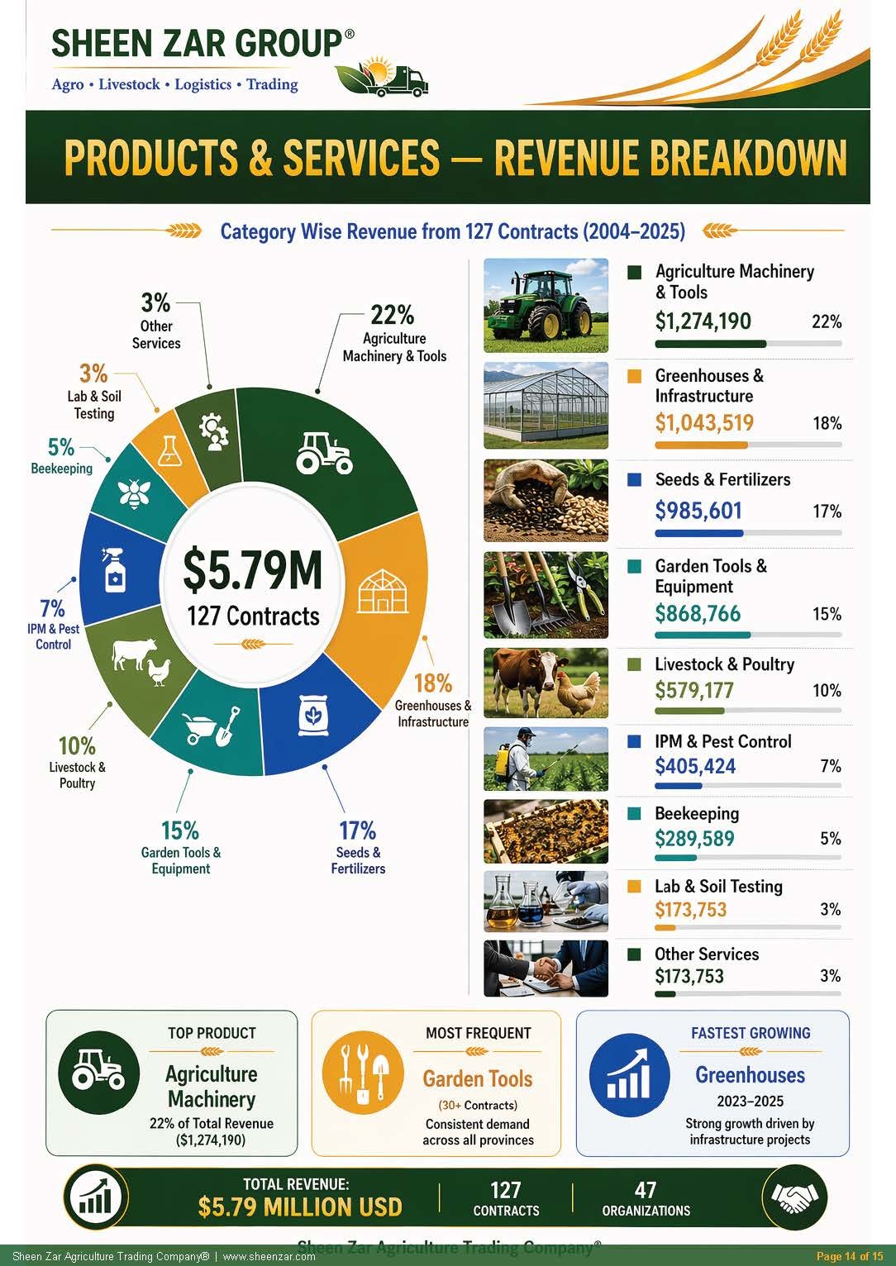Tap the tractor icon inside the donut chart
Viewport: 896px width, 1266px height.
pos(325,453)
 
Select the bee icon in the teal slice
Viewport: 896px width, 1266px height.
pos(134,493)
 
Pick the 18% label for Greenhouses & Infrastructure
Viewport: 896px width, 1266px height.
pos(433,683)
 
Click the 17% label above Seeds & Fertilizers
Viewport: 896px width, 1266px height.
pos(357,831)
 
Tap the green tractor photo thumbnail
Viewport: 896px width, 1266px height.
pos(546,306)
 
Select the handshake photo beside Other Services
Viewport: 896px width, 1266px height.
pos(546,969)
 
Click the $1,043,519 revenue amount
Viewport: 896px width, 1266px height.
pos(704,423)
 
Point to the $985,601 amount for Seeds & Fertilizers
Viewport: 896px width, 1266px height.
pos(698,511)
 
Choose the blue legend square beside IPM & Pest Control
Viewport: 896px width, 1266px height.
pos(634,741)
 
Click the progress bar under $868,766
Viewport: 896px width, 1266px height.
pos(748,635)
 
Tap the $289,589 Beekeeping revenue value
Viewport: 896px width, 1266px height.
pos(694,838)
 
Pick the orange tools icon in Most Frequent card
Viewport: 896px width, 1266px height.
pos(363,1073)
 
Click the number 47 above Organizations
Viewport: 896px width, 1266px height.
pos(646,1190)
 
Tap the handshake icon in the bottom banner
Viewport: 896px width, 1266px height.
pos(795,1197)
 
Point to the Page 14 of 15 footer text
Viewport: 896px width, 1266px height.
pos(850,1256)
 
